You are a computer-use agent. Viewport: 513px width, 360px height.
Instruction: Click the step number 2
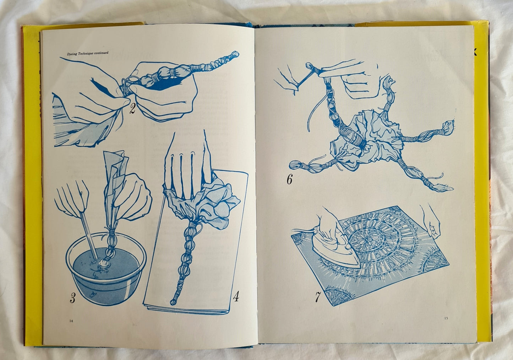pos(133,108)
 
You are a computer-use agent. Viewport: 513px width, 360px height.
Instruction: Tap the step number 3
pos(72,298)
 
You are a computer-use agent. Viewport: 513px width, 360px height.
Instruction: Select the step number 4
pos(236,296)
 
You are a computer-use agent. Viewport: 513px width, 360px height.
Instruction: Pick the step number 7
pos(318,297)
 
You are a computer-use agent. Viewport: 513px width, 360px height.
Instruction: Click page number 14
pos(71,321)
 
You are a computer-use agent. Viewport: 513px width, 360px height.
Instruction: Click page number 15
pos(446,318)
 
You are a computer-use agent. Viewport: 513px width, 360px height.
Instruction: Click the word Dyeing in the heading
pos(72,54)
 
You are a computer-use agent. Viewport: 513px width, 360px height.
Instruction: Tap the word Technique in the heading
pos(86,53)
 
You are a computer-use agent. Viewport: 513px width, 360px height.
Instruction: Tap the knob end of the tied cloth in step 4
pos(173,302)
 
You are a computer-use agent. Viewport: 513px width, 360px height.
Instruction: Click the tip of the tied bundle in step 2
pos(235,54)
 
